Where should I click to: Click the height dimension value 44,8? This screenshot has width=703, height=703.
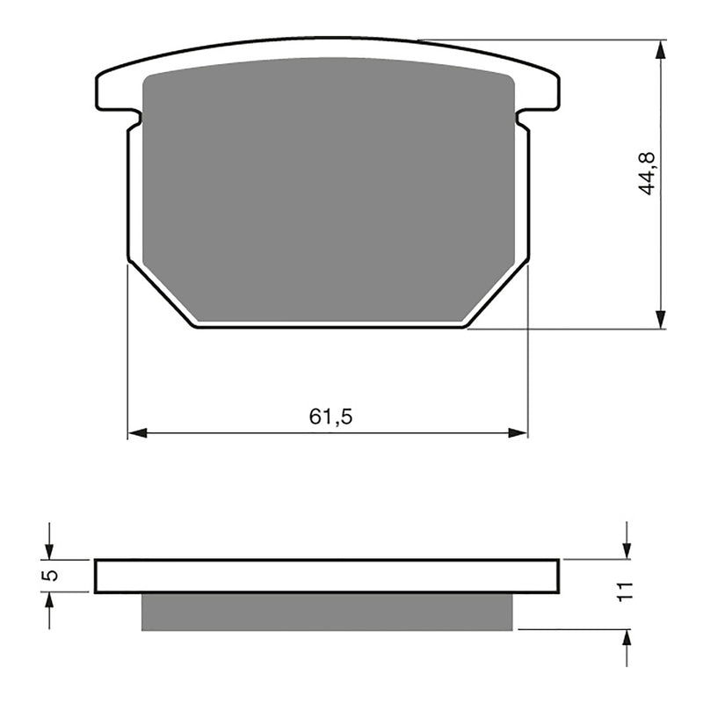click(648, 171)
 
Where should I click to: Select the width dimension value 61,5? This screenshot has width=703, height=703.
click(330, 417)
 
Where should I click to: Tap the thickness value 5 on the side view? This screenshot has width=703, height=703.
click(50, 576)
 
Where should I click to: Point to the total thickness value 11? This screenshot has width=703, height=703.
click(625, 591)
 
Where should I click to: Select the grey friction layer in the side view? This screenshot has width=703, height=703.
click(327, 612)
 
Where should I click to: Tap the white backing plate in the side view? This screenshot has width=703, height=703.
click(327, 576)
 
